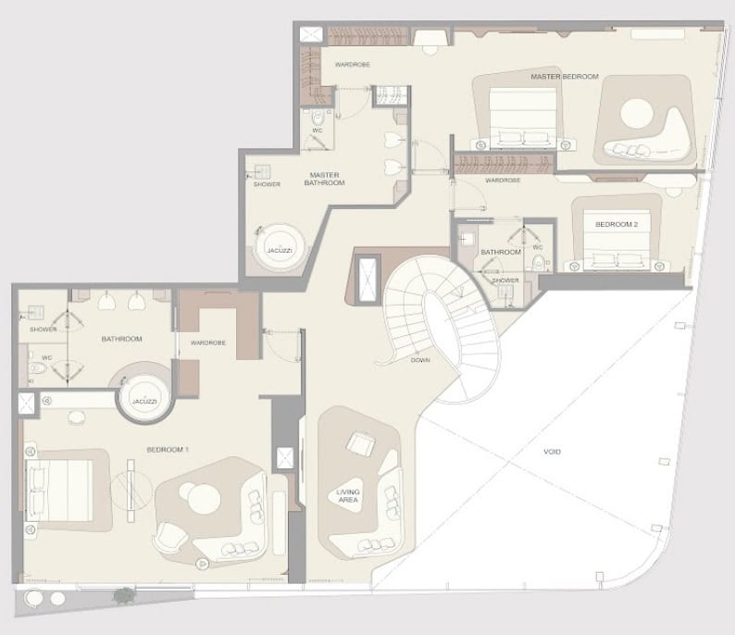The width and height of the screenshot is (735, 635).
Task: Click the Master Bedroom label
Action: [565, 77]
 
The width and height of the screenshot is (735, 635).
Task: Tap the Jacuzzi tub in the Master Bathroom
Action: [280, 248]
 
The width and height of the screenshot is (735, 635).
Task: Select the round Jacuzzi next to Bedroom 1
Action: [144, 398]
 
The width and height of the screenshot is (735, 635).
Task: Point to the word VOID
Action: [552, 452]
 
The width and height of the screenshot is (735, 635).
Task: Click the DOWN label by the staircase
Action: [420, 360]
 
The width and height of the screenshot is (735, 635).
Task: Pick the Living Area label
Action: [348, 496]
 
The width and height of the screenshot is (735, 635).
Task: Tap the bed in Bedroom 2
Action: [617, 240]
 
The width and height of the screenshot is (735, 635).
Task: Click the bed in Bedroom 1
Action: [59, 491]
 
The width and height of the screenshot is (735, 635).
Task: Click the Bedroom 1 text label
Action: [168, 450]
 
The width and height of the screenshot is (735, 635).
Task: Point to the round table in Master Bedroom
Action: [637, 114]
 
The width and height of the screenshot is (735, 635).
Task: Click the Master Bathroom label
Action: [324, 179]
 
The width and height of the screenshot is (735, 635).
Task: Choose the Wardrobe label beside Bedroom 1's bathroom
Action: [208, 342]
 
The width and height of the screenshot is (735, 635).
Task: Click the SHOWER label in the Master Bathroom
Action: [267, 184]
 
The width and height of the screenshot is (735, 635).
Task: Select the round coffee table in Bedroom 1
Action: [205, 499]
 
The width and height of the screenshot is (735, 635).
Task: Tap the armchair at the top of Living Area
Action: [361, 443]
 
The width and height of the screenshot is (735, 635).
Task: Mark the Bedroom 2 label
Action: [617, 225]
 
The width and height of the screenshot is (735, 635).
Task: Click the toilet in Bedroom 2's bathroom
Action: [539, 263]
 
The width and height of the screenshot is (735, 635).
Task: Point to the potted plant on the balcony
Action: [124, 595]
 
